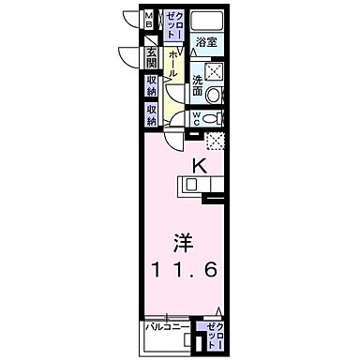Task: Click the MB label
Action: pos(149,21)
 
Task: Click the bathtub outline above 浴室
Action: pos(206,22)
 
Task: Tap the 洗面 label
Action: pos(198,87)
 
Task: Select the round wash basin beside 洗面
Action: pos(215,95)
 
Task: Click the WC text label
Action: pos(198,118)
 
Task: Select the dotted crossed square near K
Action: pos(216,141)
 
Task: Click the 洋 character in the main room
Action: pos(184,241)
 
